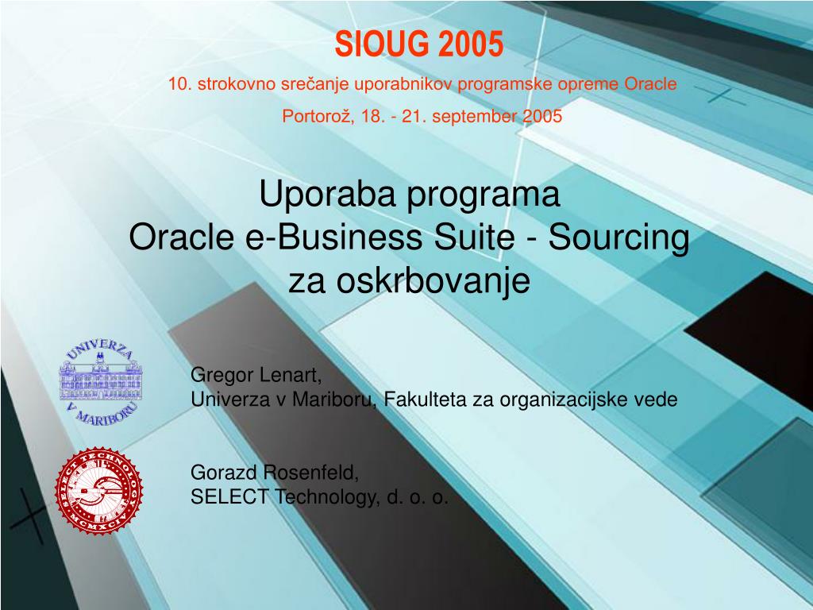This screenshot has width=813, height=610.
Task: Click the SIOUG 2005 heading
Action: (419, 44)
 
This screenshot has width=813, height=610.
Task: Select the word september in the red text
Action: (475, 117)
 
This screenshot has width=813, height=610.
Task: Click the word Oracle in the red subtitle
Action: (650, 84)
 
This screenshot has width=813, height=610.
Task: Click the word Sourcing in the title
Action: (619, 238)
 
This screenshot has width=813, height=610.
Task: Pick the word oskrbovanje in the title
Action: (433, 282)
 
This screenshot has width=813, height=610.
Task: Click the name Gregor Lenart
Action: (256, 375)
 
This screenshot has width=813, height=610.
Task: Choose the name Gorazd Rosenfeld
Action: (275, 473)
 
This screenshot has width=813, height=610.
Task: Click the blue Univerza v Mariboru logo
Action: (101, 383)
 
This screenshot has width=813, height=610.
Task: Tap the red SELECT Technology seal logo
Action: (99, 491)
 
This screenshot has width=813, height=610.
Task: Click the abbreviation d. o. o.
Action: (417, 497)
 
